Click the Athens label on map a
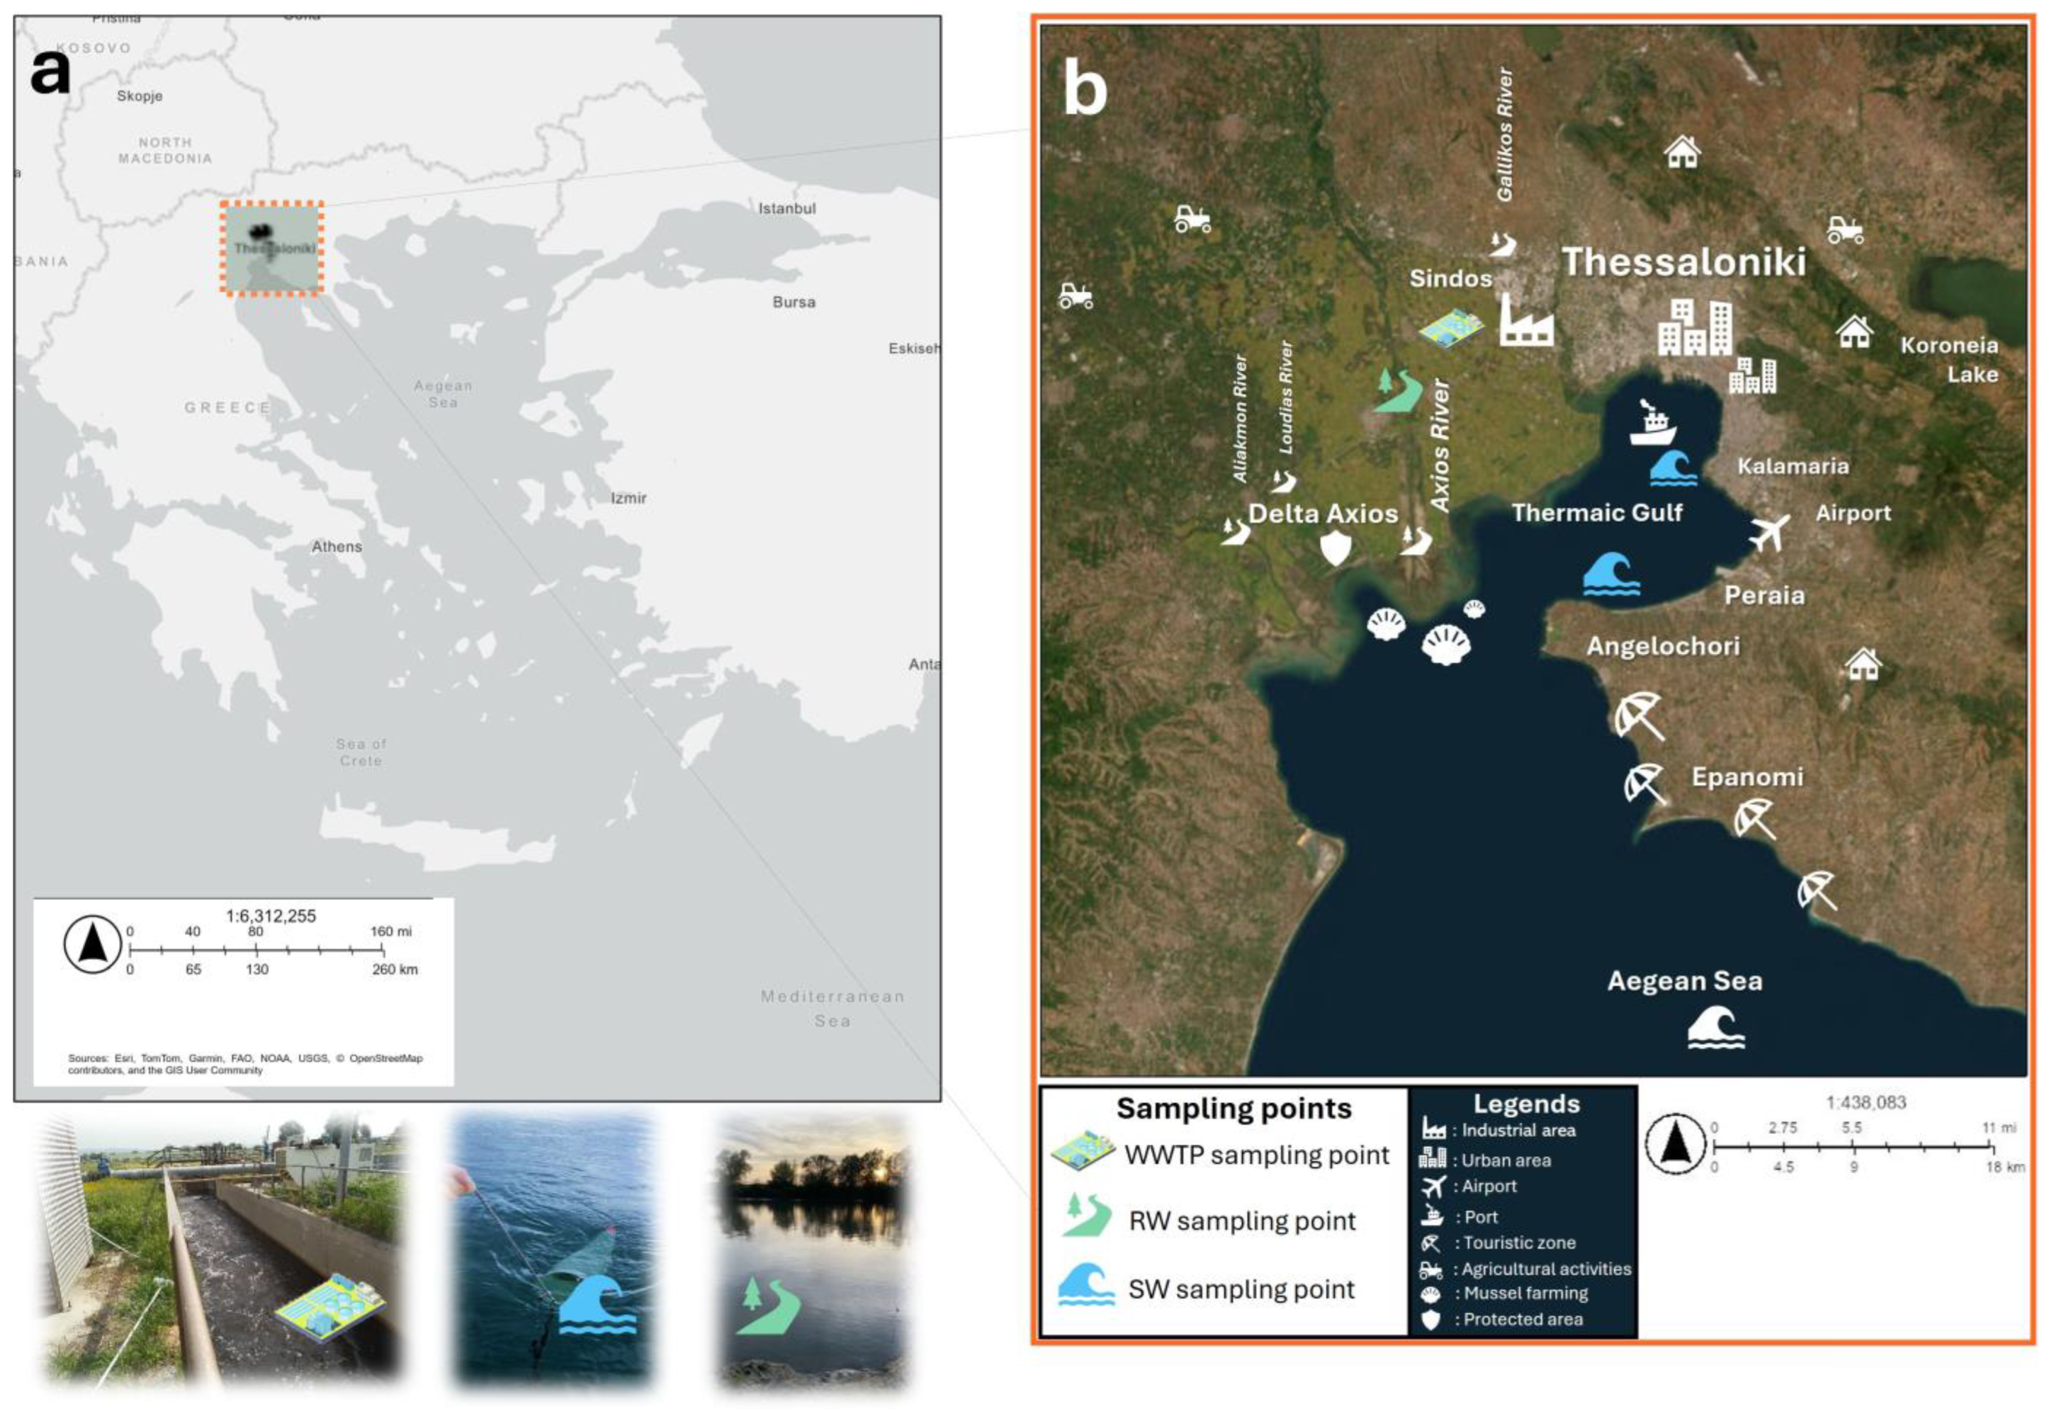[x=337, y=546]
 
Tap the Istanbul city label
[x=786, y=208]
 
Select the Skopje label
[x=140, y=95]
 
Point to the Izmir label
[x=628, y=498]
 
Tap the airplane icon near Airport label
[x=1769, y=532]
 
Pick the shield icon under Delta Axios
[x=1335, y=547]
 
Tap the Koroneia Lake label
[x=1949, y=359]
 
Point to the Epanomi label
[x=1746, y=777]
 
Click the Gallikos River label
[x=1505, y=134]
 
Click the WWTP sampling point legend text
[x=1256, y=1155]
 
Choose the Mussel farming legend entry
[x=1525, y=1294]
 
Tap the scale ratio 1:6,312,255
[x=270, y=916]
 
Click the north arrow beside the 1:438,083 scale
[x=1675, y=1146]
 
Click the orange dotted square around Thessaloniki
[x=271, y=247]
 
